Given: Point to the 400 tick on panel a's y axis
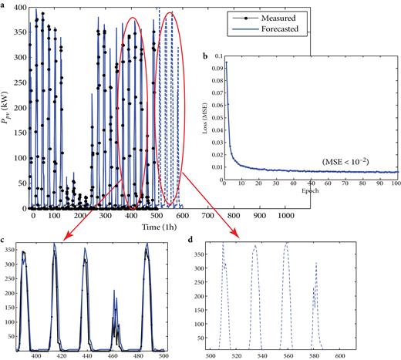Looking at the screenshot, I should coord(16,8).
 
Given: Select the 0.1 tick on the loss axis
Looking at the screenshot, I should coord(219,57).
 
